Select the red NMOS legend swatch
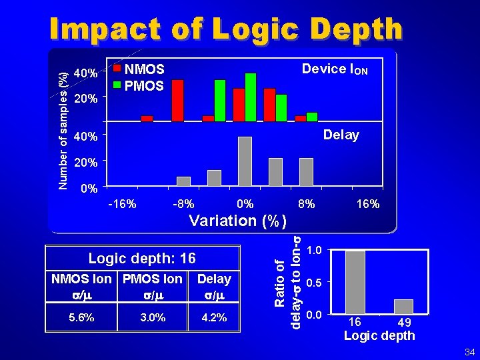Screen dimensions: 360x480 [117, 68]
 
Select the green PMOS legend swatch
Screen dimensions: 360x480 [117, 85]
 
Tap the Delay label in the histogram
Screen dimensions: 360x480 [341, 135]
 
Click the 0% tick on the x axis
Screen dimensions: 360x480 [245, 204]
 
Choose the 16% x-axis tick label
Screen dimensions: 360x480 [367, 204]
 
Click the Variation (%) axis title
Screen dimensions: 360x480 [238, 221]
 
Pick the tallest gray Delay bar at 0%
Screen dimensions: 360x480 [245, 161]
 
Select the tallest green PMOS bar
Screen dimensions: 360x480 [251, 97]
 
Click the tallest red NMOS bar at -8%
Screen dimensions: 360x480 [177, 101]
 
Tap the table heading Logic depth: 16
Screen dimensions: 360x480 [142, 258]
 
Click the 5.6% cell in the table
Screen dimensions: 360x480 [81, 318]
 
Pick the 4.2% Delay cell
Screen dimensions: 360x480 [214, 318]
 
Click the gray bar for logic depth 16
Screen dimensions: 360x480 [355, 282]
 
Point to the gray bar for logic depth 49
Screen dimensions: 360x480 [403, 307]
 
